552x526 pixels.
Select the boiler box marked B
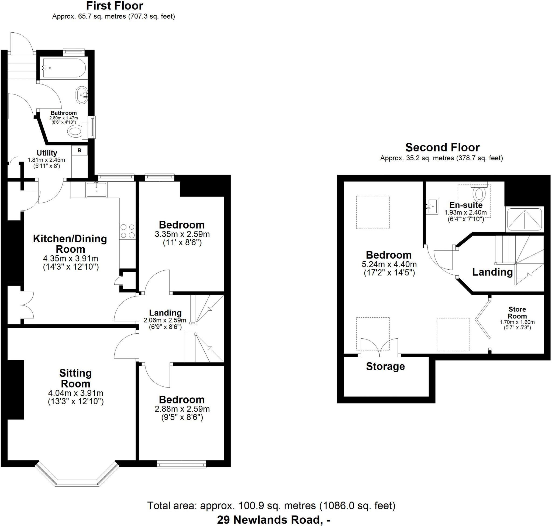pos(80,151)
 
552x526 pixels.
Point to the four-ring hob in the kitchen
pos(127,231)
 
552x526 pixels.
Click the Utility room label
pos(47,153)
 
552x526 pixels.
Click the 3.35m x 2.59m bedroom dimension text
pos(182,234)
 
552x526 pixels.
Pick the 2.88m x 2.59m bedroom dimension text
pos(182,409)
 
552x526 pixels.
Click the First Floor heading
pos(115,6)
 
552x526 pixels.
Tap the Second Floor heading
pos(442,147)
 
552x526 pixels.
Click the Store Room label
pos(517,313)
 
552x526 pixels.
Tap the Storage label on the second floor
pos(385,366)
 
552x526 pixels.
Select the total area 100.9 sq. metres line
pos(271,505)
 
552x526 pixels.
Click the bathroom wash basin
pos(82,95)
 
